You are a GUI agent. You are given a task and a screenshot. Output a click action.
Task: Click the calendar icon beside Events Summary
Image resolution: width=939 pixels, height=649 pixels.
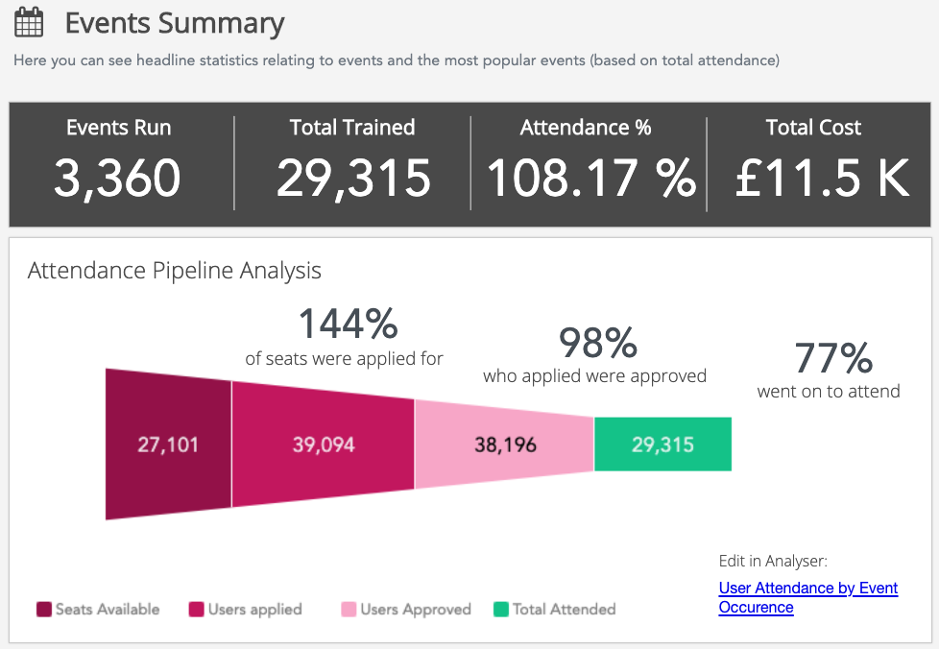pyautogui.click(x=29, y=22)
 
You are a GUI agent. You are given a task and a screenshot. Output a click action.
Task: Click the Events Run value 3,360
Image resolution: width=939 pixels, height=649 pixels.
pyautogui.click(x=117, y=178)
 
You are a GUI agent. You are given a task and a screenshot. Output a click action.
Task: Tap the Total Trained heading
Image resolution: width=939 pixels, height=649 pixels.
pyautogui.click(x=352, y=128)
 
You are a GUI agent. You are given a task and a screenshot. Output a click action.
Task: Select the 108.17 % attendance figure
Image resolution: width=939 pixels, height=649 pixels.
pyautogui.click(x=590, y=178)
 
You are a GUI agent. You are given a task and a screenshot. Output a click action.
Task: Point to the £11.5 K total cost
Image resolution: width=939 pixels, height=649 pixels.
pyautogui.click(x=821, y=178)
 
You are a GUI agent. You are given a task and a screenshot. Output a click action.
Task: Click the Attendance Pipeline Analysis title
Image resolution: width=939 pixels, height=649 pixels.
pyautogui.click(x=174, y=271)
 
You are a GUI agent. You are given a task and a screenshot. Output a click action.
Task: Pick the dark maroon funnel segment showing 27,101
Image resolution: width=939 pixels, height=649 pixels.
pyautogui.click(x=168, y=445)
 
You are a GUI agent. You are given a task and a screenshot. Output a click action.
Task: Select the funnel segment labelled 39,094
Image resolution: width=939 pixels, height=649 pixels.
pyautogui.click(x=323, y=445)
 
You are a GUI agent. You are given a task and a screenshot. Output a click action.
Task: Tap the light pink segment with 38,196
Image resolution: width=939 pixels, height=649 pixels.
pyautogui.click(x=505, y=445)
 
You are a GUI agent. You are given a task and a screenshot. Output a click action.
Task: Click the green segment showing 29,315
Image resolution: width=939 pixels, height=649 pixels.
pyautogui.click(x=662, y=445)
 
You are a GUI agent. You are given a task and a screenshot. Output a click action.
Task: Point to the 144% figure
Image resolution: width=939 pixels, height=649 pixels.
pyautogui.click(x=348, y=324)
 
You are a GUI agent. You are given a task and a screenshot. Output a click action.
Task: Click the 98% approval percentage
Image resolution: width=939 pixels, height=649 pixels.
pyautogui.click(x=597, y=343)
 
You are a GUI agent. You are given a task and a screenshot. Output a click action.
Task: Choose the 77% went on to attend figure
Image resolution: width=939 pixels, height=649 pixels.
pyautogui.click(x=832, y=358)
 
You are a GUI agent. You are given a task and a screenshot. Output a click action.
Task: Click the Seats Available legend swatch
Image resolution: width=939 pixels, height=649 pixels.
pyautogui.click(x=43, y=610)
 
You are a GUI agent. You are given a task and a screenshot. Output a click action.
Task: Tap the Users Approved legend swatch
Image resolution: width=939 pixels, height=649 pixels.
pyautogui.click(x=349, y=610)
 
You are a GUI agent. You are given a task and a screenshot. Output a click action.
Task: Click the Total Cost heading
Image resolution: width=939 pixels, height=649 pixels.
pyautogui.click(x=813, y=128)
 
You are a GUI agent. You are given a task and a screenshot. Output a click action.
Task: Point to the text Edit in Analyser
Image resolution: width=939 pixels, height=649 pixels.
pyautogui.click(x=772, y=562)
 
